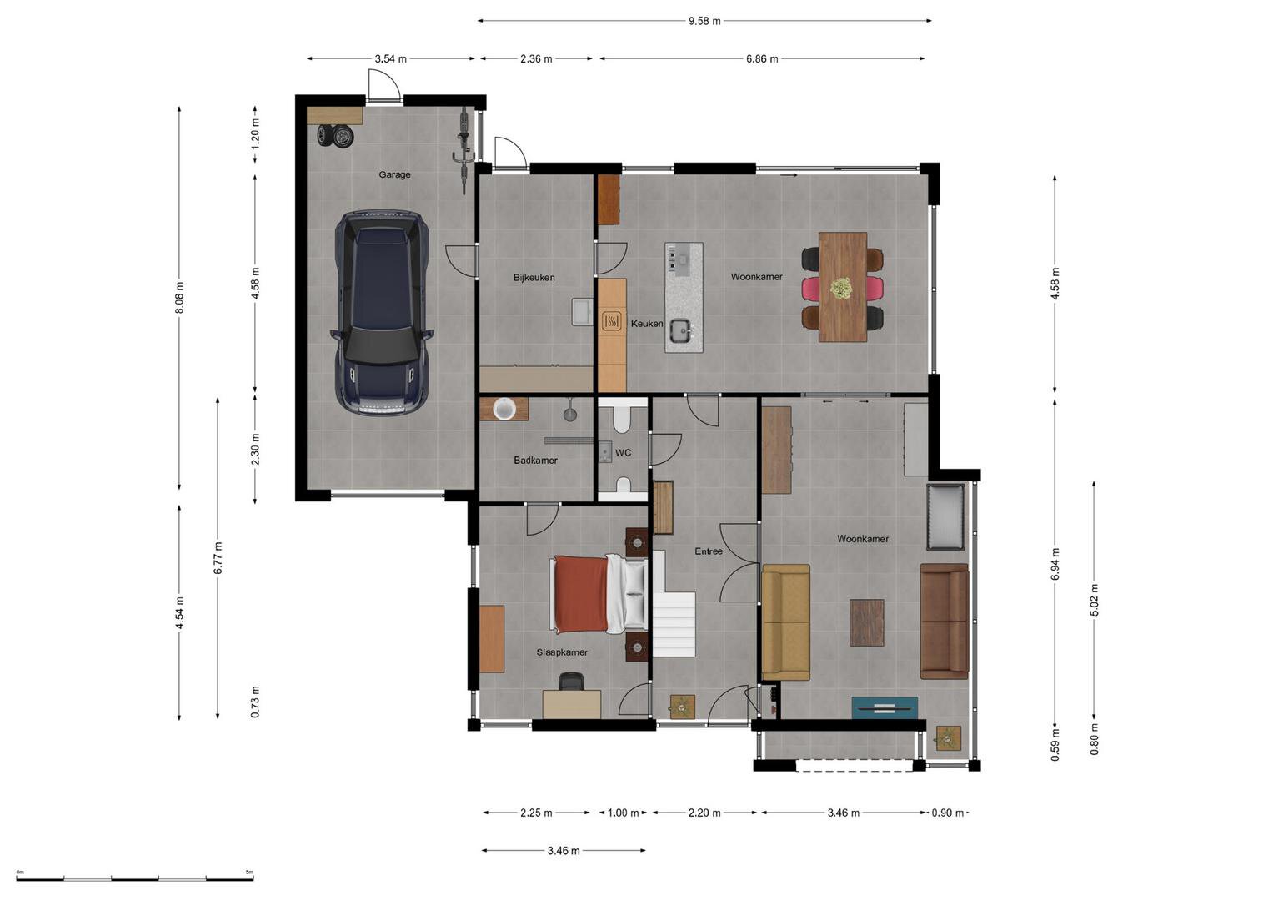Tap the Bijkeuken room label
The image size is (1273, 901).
click(x=534, y=278)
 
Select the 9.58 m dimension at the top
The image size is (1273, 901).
click(x=704, y=21)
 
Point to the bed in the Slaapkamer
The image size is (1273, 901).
click(x=599, y=594)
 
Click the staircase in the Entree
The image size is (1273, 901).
click(x=674, y=604)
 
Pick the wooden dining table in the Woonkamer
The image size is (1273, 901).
click(x=843, y=287)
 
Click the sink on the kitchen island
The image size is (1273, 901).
click(x=680, y=330)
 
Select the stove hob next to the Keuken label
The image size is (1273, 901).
click(x=612, y=321)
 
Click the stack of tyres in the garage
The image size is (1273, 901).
click(x=335, y=136)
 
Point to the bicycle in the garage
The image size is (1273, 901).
click(x=464, y=150)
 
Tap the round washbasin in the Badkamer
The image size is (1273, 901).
click(x=504, y=409)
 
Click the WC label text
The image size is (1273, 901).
click(x=623, y=453)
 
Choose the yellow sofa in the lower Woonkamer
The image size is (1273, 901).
click(x=785, y=622)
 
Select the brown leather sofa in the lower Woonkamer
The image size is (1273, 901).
click(x=944, y=622)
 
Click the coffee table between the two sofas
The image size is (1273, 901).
click(x=867, y=622)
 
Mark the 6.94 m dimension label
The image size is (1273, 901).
click(x=1055, y=564)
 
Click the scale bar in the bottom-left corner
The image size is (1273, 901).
click(x=135, y=878)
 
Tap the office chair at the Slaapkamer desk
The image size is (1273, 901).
click(x=571, y=681)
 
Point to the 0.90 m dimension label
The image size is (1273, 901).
click(x=947, y=813)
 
